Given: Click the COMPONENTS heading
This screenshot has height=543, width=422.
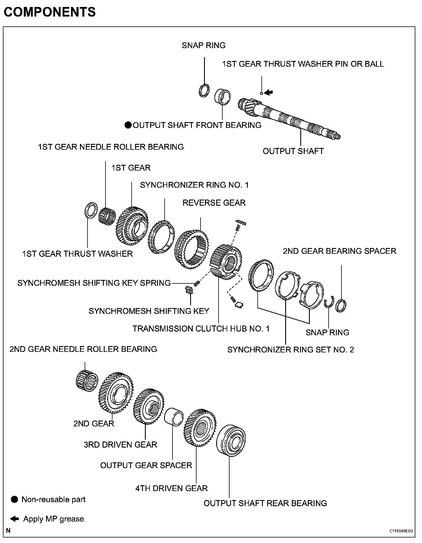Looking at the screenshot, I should click(x=50, y=12).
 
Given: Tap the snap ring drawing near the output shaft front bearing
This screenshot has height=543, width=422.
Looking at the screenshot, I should click(x=204, y=90).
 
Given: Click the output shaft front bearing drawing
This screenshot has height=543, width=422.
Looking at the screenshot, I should click(x=222, y=97).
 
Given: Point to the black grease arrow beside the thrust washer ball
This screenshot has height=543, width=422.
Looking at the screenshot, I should click(x=269, y=92).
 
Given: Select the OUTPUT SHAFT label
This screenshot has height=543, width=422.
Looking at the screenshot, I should click(x=293, y=151).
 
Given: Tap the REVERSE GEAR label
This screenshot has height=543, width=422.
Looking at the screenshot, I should click(x=214, y=203).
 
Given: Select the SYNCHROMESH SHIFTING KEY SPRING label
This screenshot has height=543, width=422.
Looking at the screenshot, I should click(x=94, y=283).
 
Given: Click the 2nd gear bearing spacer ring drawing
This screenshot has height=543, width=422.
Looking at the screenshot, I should click(x=341, y=305).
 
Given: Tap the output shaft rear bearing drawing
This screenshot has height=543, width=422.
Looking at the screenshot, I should click(x=231, y=440).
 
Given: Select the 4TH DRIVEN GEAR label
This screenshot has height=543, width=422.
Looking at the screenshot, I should click(x=172, y=488).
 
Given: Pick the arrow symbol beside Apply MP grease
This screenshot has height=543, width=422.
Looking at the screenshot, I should click(x=14, y=519).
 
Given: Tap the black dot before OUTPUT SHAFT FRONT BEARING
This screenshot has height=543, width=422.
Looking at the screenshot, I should click(x=128, y=125).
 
